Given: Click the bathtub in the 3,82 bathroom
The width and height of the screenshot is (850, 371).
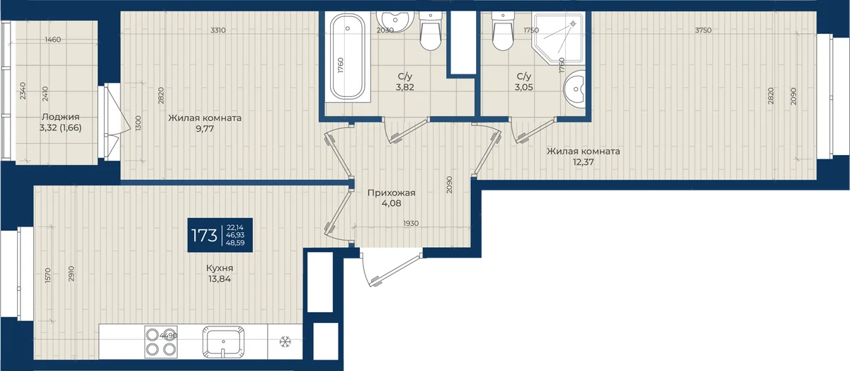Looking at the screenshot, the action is [x=347, y=57].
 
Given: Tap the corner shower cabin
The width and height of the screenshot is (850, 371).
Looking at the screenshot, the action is [x=559, y=38].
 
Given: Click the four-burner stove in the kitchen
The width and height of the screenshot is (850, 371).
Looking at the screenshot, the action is [x=161, y=342].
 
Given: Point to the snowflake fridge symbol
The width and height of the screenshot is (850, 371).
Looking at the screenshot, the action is [x=285, y=342].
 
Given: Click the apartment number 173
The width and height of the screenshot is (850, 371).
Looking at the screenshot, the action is [x=204, y=235].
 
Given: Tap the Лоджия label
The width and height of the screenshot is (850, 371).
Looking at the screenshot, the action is [x=61, y=117].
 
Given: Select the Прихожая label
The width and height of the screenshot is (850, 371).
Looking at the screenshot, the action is [x=391, y=193].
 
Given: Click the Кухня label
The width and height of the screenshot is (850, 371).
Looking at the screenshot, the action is [x=220, y=268].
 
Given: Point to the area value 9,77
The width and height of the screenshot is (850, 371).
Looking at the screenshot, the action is [x=205, y=129].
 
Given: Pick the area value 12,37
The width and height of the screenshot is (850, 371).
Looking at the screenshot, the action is [x=583, y=162].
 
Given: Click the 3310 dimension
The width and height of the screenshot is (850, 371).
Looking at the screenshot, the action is [x=218, y=30].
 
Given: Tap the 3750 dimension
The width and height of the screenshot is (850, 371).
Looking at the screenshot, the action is [x=703, y=30].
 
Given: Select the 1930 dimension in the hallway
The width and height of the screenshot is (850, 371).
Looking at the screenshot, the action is [x=411, y=224].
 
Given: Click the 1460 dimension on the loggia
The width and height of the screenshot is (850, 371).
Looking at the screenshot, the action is [x=52, y=40].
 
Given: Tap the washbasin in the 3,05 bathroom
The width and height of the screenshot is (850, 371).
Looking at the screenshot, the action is [x=574, y=89].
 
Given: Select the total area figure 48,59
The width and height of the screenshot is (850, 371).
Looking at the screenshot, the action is [x=235, y=243].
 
